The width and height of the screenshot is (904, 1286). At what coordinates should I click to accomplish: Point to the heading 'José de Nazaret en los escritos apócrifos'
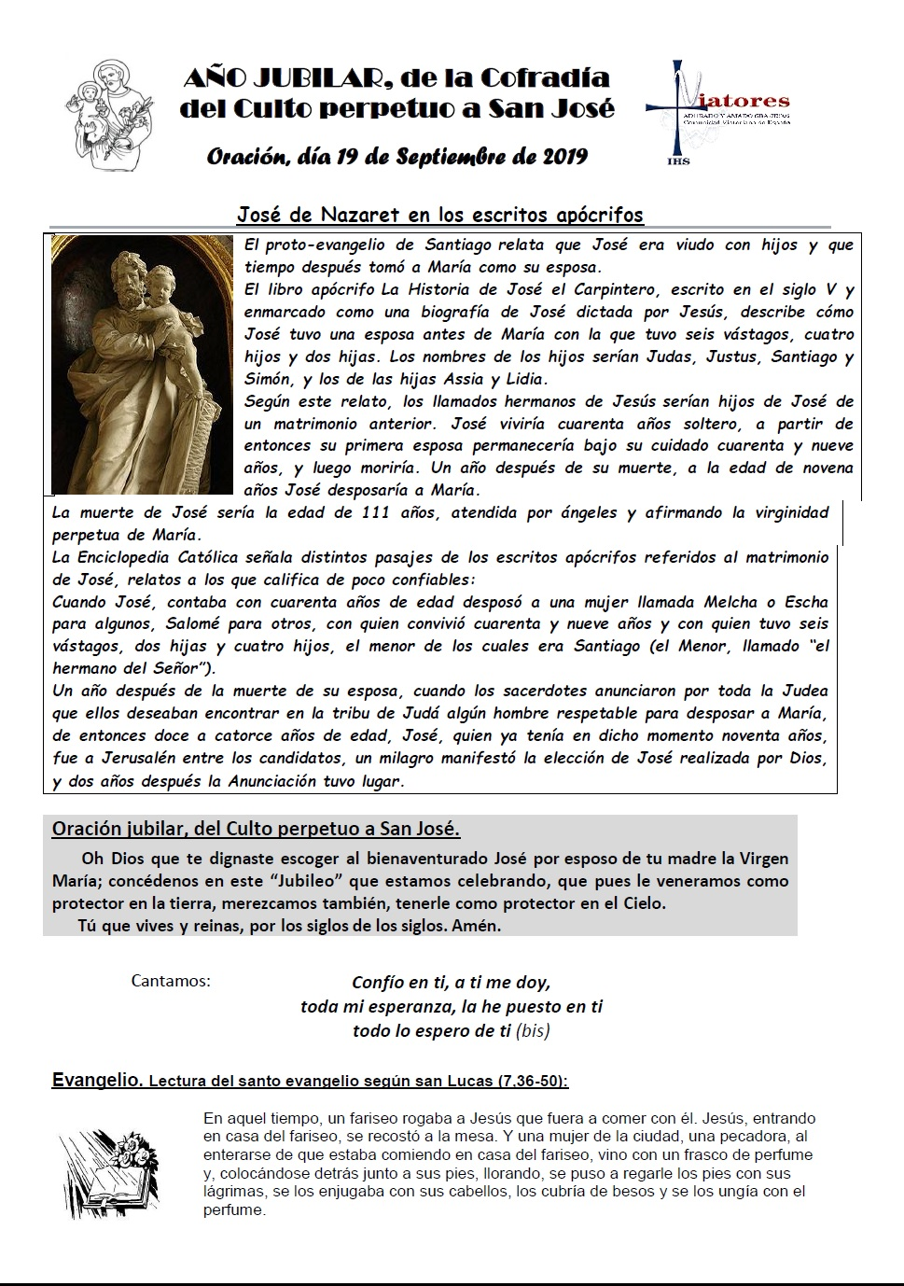pos(439,215)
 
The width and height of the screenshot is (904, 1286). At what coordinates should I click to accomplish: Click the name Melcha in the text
pos(730,602)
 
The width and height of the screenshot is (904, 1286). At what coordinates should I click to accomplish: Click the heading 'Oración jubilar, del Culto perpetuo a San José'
pos(256,829)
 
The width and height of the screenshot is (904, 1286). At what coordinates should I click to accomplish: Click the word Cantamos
pos(171,981)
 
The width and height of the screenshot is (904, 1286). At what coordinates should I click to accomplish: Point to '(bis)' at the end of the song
pos(533,1031)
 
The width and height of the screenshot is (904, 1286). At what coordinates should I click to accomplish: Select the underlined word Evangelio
pos(96,1081)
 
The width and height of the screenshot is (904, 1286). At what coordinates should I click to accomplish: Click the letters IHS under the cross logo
pos(678,161)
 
